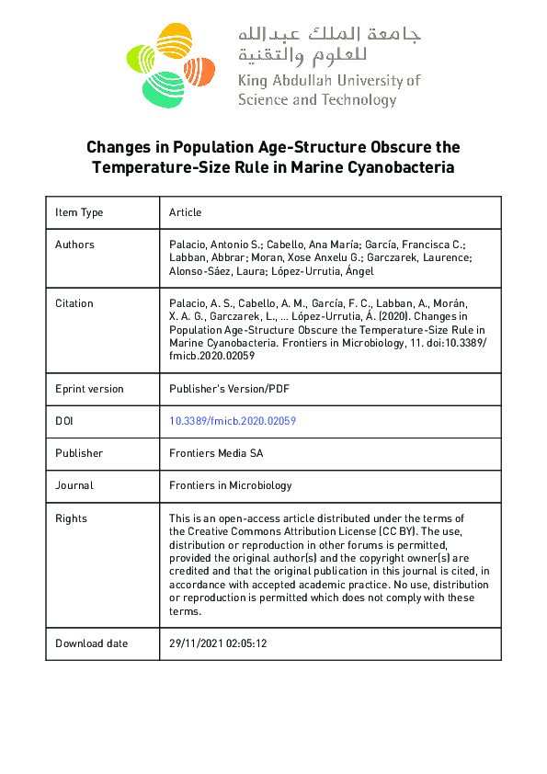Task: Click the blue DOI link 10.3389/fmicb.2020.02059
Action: pos(232,421)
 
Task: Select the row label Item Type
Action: pos(79,212)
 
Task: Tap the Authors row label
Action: pos(74,245)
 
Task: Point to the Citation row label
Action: pos(74,303)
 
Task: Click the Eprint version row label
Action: pos(89,389)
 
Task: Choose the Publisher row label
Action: pos(79,453)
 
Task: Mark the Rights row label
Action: pos(71,518)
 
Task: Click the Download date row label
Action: pos(92,643)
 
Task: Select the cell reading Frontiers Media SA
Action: pos(216,453)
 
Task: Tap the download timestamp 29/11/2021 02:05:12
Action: pos(218,643)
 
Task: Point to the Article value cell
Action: pos(185,212)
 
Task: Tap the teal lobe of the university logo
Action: pos(163,89)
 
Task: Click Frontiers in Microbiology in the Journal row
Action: pos(230,485)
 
